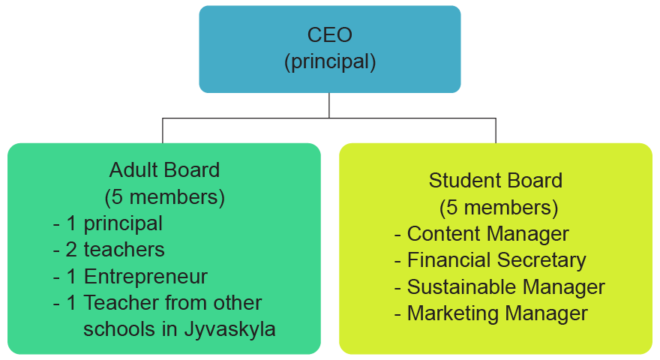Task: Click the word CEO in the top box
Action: tap(329, 35)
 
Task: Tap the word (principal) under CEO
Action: tap(330, 62)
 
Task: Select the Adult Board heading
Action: tap(164, 170)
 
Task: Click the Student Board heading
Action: tap(496, 181)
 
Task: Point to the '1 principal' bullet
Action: tap(108, 223)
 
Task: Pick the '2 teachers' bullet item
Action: tap(109, 250)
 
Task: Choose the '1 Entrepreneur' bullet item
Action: tap(130, 277)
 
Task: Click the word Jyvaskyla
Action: tap(229, 329)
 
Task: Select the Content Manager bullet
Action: tap(481, 234)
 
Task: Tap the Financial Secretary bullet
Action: tap(490, 260)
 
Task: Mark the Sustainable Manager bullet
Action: tap(499, 286)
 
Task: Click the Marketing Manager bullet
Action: tap(490, 313)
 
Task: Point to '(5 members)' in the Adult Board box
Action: tap(164, 197)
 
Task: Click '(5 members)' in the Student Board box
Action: tap(499, 208)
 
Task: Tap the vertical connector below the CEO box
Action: tap(329, 105)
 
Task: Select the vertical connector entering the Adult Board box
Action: tap(163, 130)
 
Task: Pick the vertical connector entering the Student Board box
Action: tap(496, 130)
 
